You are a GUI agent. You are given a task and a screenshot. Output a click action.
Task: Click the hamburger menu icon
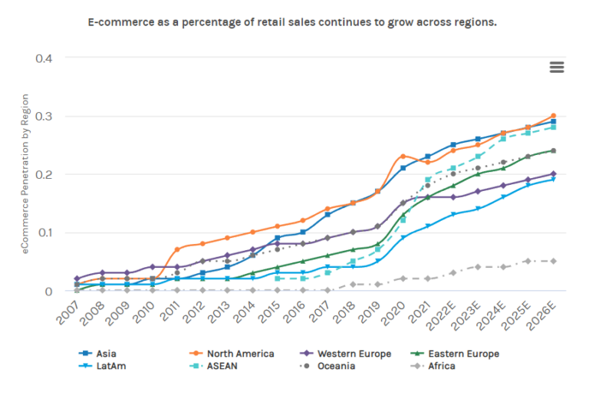click(557, 67)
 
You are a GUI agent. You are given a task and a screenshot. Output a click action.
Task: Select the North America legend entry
click(229, 354)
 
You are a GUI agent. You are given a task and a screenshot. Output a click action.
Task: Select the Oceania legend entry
click(337, 366)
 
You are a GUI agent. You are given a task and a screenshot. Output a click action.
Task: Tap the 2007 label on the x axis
click(68, 310)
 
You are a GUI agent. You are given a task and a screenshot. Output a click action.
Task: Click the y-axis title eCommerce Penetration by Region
click(25, 174)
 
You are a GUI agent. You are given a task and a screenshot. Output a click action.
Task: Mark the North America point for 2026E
click(553, 116)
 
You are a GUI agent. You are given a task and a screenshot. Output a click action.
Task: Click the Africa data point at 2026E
click(553, 261)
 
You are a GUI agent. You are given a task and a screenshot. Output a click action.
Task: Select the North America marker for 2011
click(177, 249)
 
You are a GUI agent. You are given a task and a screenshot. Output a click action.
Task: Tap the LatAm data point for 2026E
click(553, 180)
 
